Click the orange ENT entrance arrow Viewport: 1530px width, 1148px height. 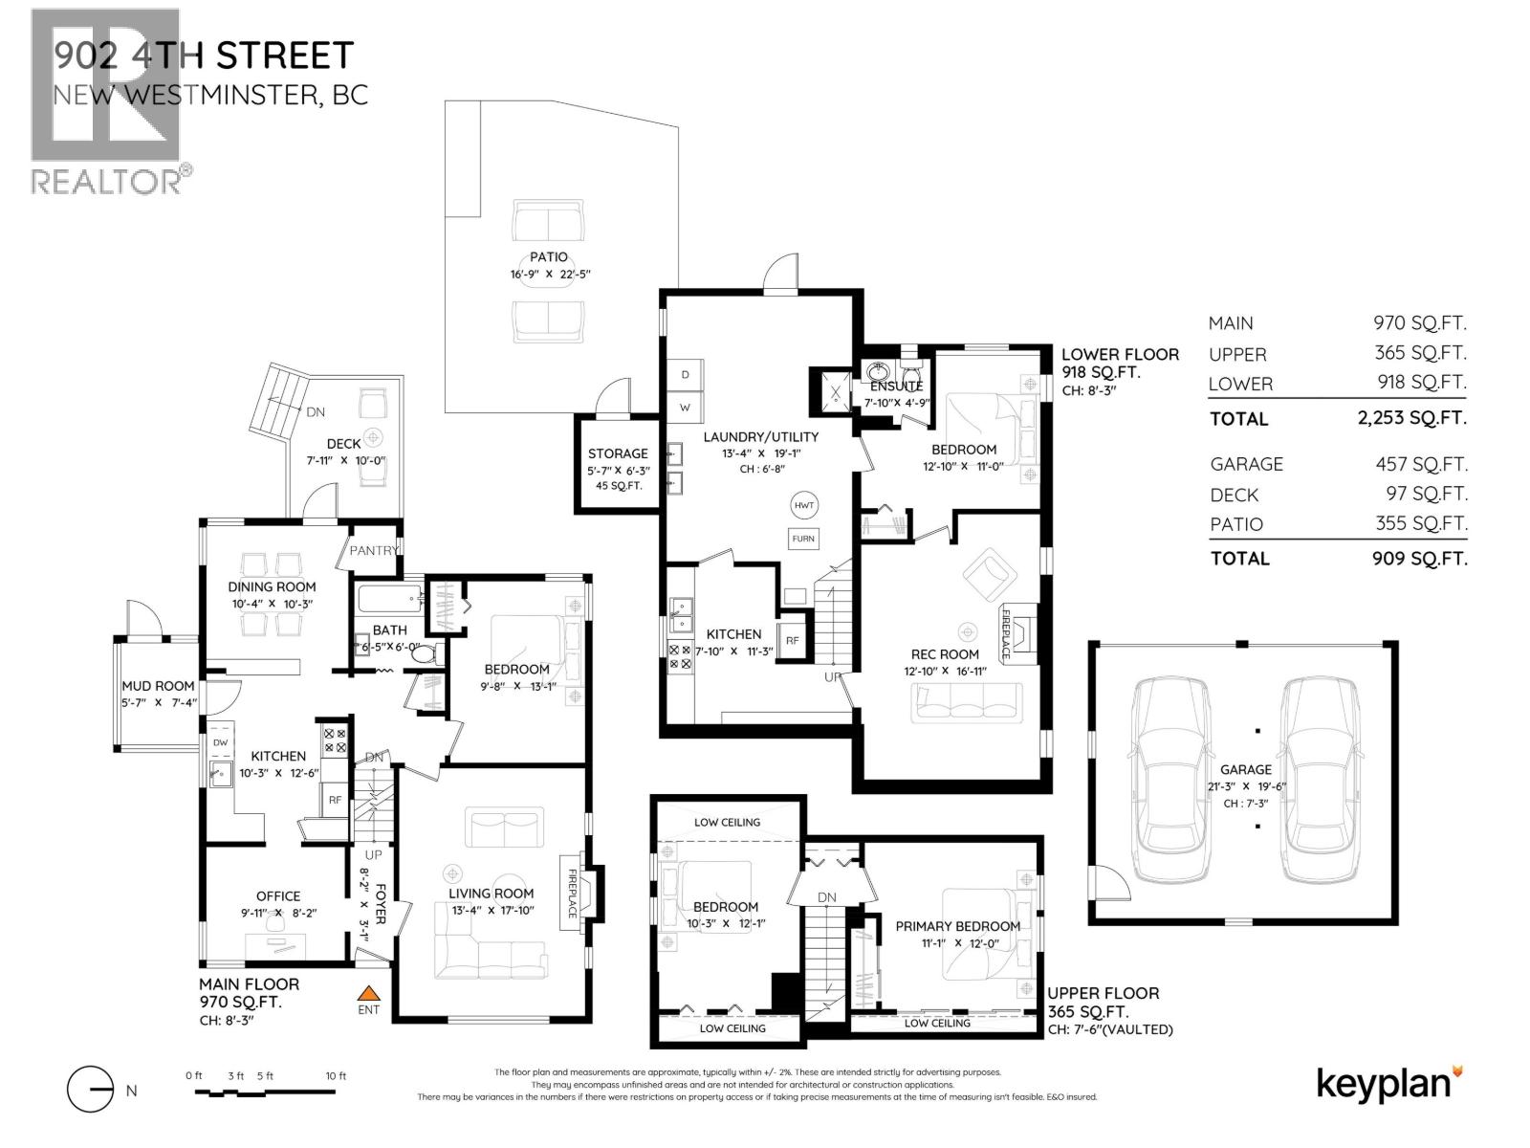pyautogui.click(x=368, y=994)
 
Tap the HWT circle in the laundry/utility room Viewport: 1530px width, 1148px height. pyautogui.click(x=804, y=505)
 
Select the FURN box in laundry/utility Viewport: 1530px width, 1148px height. pyautogui.click(x=803, y=539)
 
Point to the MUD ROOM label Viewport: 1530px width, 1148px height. pyautogui.click(x=158, y=686)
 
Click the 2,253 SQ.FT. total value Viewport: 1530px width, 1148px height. pyautogui.click(x=1418, y=418)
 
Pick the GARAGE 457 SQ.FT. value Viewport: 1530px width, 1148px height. pyautogui.click(x=1418, y=464)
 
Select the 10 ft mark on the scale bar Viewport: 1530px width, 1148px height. pyautogui.click(x=336, y=1076)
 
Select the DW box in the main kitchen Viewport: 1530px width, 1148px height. pyautogui.click(x=220, y=742)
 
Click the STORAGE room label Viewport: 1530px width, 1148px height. pyautogui.click(x=618, y=453)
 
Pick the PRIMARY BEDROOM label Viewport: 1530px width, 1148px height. pyautogui.click(x=957, y=926)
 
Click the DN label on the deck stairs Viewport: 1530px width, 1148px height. pyautogui.click(x=316, y=412)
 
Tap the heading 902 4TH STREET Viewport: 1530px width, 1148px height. pyautogui.click(x=204, y=55)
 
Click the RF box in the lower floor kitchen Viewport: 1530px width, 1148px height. pyautogui.click(x=792, y=641)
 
